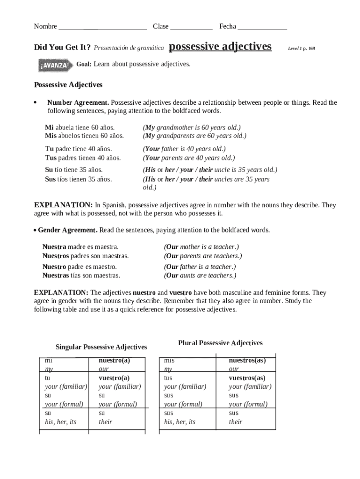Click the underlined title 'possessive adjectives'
click(x=220, y=47)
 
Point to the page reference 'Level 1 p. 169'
click(x=301, y=48)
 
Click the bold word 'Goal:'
click(x=84, y=64)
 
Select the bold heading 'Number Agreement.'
click(x=78, y=102)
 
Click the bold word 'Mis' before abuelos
click(x=50, y=136)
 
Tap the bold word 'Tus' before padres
click(x=50, y=158)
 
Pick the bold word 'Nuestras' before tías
click(x=56, y=276)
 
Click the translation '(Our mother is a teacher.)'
click(x=202, y=247)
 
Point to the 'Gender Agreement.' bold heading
click(x=68, y=230)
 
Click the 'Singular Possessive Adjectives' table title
click(x=101, y=347)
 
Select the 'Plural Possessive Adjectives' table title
click(x=220, y=343)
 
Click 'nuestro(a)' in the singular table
click(x=114, y=360)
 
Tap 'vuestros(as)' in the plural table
click(x=247, y=377)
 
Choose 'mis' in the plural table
click(x=169, y=361)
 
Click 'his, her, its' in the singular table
click(x=60, y=422)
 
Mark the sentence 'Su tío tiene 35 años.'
click(x=74, y=170)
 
